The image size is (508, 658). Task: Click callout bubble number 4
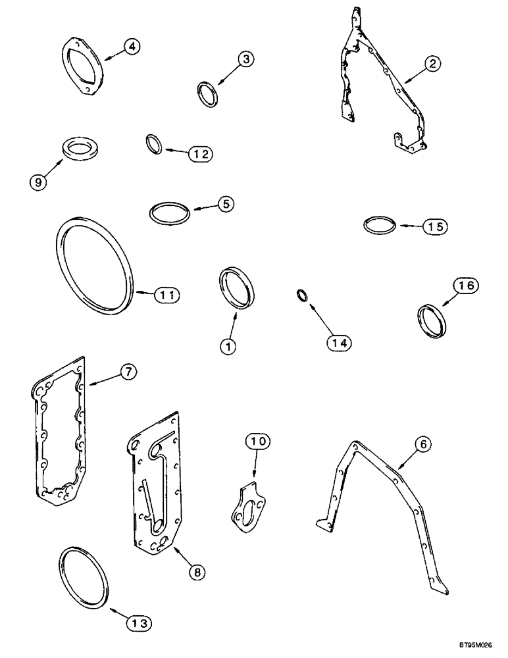point(132,47)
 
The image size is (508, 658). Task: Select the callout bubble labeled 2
point(432,64)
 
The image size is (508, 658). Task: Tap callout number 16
point(465,286)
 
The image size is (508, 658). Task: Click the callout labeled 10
point(257,442)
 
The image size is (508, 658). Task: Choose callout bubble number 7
point(127,372)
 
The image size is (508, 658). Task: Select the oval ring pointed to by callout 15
point(380,225)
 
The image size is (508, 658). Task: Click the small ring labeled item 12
point(153,143)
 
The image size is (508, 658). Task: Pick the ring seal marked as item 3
point(209,93)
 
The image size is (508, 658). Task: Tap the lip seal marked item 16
point(432,321)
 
